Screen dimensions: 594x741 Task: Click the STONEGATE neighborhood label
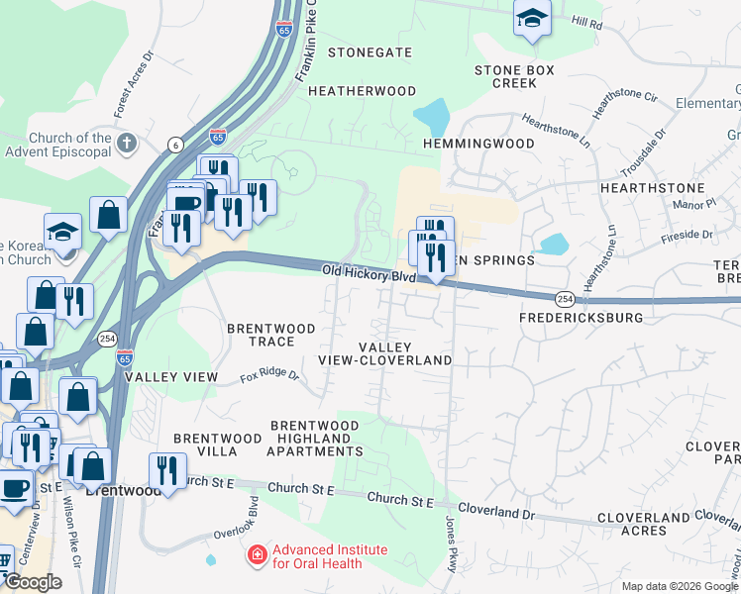pyautogui.click(x=370, y=52)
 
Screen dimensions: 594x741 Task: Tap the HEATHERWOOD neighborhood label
pyautogui.click(x=362, y=91)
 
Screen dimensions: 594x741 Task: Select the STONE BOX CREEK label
pyautogui.click(x=513, y=77)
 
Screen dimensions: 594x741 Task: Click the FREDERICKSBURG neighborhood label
pyautogui.click(x=581, y=318)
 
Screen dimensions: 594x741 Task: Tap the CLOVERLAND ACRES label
pyautogui.click(x=644, y=524)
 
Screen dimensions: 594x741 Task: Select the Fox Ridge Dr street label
pyautogui.click(x=268, y=376)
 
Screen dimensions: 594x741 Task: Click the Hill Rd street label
pyautogui.click(x=586, y=21)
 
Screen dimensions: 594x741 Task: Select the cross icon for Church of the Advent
pyautogui.click(x=126, y=144)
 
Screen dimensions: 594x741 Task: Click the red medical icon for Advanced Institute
pyautogui.click(x=258, y=555)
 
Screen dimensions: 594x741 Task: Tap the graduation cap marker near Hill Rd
pyautogui.click(x=532, y=18)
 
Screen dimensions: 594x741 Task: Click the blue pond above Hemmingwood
pyautogui.click(x=433, y=118)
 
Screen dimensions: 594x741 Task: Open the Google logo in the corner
pyautogui.click(x=33, y=582)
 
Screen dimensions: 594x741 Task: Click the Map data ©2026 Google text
pyautogui.click(x=679, y=586)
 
